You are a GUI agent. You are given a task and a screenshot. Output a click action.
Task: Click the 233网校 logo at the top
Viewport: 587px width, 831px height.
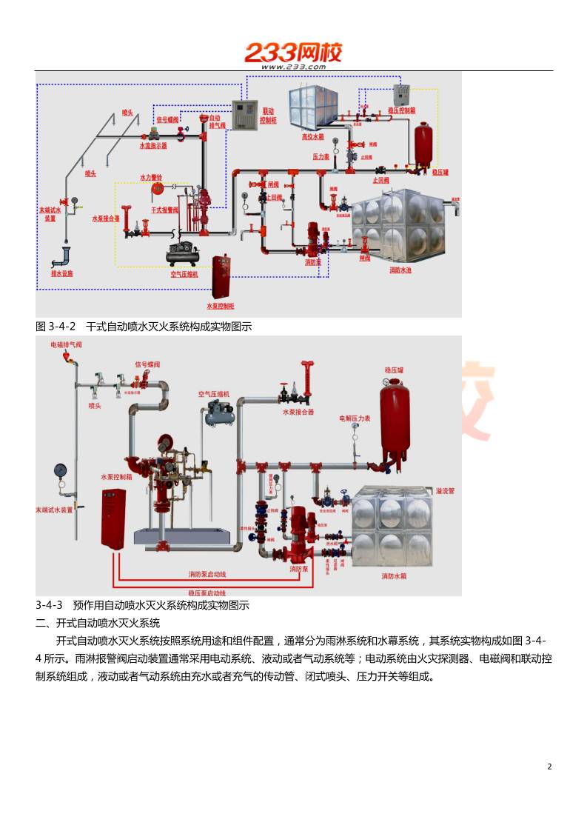coord(293,53)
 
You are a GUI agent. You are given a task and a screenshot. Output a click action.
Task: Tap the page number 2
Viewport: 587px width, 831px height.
coord(549,767)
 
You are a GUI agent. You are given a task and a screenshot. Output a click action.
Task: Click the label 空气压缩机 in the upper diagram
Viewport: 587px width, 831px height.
coord(185,273)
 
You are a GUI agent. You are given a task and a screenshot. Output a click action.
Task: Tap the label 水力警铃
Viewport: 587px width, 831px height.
coord(152,178)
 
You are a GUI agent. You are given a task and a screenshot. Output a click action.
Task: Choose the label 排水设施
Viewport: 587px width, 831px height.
coord(61,273)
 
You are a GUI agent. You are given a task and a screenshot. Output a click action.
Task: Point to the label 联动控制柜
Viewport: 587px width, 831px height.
coord(268,115)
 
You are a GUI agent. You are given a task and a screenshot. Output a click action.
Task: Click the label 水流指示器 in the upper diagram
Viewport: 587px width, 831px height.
coord(153,146)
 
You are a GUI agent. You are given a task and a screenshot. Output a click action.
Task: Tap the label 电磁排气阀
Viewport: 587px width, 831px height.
coord(66,344)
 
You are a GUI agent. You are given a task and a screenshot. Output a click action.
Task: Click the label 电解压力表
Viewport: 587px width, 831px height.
coord(355,418)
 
